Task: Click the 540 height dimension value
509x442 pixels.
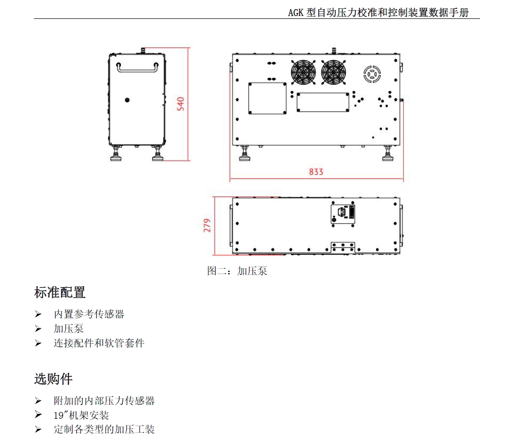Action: pyautogui.click(x=180, y=104)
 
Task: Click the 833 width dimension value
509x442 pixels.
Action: pyautogui.click(x=316, y=172)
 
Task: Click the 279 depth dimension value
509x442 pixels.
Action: pyautogui.click(x=207, y=226)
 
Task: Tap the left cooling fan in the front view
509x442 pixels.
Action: pyautogui.click(x=303, y=73)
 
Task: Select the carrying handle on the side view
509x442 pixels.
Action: pyautogui.click(x=137, y=68)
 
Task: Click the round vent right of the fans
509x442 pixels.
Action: pyautogui.click(x=373, y=74)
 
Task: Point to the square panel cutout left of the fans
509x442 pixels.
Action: pyautogui.click(x=267, y=98)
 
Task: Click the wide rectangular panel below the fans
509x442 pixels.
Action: pyautogui.click(x=322, y=102)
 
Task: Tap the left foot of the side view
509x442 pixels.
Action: pyautogui.click(x=116, y=156)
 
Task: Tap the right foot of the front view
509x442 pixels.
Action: pyautogui.click(x=388, y=156)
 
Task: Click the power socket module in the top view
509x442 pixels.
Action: pyautogui.click(x=343, y=213)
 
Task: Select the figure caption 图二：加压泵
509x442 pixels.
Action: pyautogui.click(x=237, y=271)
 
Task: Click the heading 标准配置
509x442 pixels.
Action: pyautogui.click(x=60, y=292)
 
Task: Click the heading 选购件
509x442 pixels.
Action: pyautogui.click(x=53, y=379)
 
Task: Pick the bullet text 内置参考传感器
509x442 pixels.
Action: pyautogui.click(x=89, y=314)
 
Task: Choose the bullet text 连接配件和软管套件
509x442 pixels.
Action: pyautogui.click(x=99, y=343)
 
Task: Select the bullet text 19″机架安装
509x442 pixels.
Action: pyautogui.click(x=81, y=415)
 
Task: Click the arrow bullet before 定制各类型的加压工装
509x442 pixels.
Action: pyautogui.click(x=38, y=430)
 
